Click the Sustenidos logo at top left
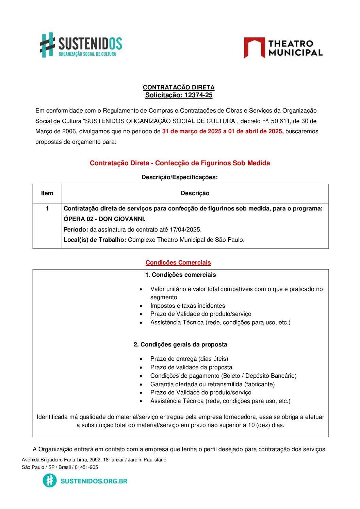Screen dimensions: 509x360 click(81, 45)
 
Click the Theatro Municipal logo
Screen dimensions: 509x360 click(283, 48)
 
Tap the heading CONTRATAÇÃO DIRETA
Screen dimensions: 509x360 click(179, 87)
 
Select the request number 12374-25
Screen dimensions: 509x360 click(198, 95)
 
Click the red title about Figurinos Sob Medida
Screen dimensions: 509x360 click(180, 163)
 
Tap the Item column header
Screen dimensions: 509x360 click(47, 193)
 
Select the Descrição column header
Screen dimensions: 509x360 click(195, 193)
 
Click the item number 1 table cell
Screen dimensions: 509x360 click(47, 208)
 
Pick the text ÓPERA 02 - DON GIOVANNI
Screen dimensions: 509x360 click(104, 219)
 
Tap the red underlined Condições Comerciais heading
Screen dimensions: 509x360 click(178, 262)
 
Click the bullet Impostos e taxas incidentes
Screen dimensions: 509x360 click(187, 306)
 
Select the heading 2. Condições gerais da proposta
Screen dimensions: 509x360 click(180, 344)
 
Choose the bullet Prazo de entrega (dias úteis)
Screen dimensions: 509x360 click(189, 359)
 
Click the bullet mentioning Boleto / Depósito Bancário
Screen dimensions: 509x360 click(223, 376)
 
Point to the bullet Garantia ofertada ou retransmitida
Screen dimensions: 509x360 click(212, 384)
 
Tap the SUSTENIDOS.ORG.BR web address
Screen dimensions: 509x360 click(94, 481)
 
